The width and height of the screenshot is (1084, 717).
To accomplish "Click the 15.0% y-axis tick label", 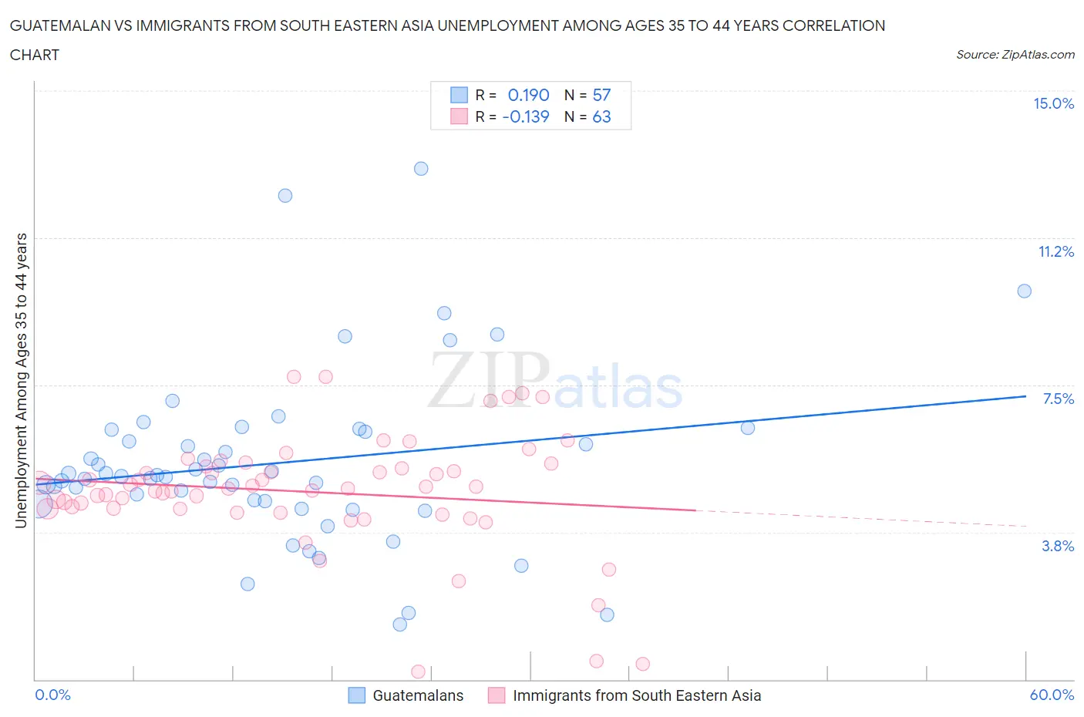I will pos(1053,104).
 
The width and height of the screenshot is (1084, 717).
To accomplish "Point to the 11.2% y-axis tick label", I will pos(1055,251).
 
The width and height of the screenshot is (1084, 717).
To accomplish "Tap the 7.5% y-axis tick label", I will pos(1058,399).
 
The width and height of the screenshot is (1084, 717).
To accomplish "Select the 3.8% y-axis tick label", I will pos(1058,546).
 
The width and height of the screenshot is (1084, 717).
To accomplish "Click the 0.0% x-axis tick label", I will pos(53,695).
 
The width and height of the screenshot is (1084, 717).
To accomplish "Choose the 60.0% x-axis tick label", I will pos(1052,695).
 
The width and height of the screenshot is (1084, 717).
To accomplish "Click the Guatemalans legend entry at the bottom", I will pos(418,695).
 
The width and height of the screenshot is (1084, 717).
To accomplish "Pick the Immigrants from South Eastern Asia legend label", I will pos(637,695).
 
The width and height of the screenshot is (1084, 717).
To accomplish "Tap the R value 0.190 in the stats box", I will pos(528,95).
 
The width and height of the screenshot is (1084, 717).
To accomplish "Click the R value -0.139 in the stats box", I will pos(526,116).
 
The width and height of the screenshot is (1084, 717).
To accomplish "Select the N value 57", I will pos(601,95).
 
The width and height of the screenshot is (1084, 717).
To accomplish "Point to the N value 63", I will pos(601,116).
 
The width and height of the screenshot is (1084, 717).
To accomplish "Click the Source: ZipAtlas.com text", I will pos(1015,55).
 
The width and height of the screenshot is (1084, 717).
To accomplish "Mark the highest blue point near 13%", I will pos(421,169).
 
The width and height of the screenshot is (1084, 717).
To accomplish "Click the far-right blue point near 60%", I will pos(1024,291).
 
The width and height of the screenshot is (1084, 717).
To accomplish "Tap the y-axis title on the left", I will pos(21,380).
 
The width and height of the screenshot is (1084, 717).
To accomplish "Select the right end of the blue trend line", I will pos(1025,396).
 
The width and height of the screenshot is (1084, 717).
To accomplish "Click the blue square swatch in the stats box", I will pos(460,95).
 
